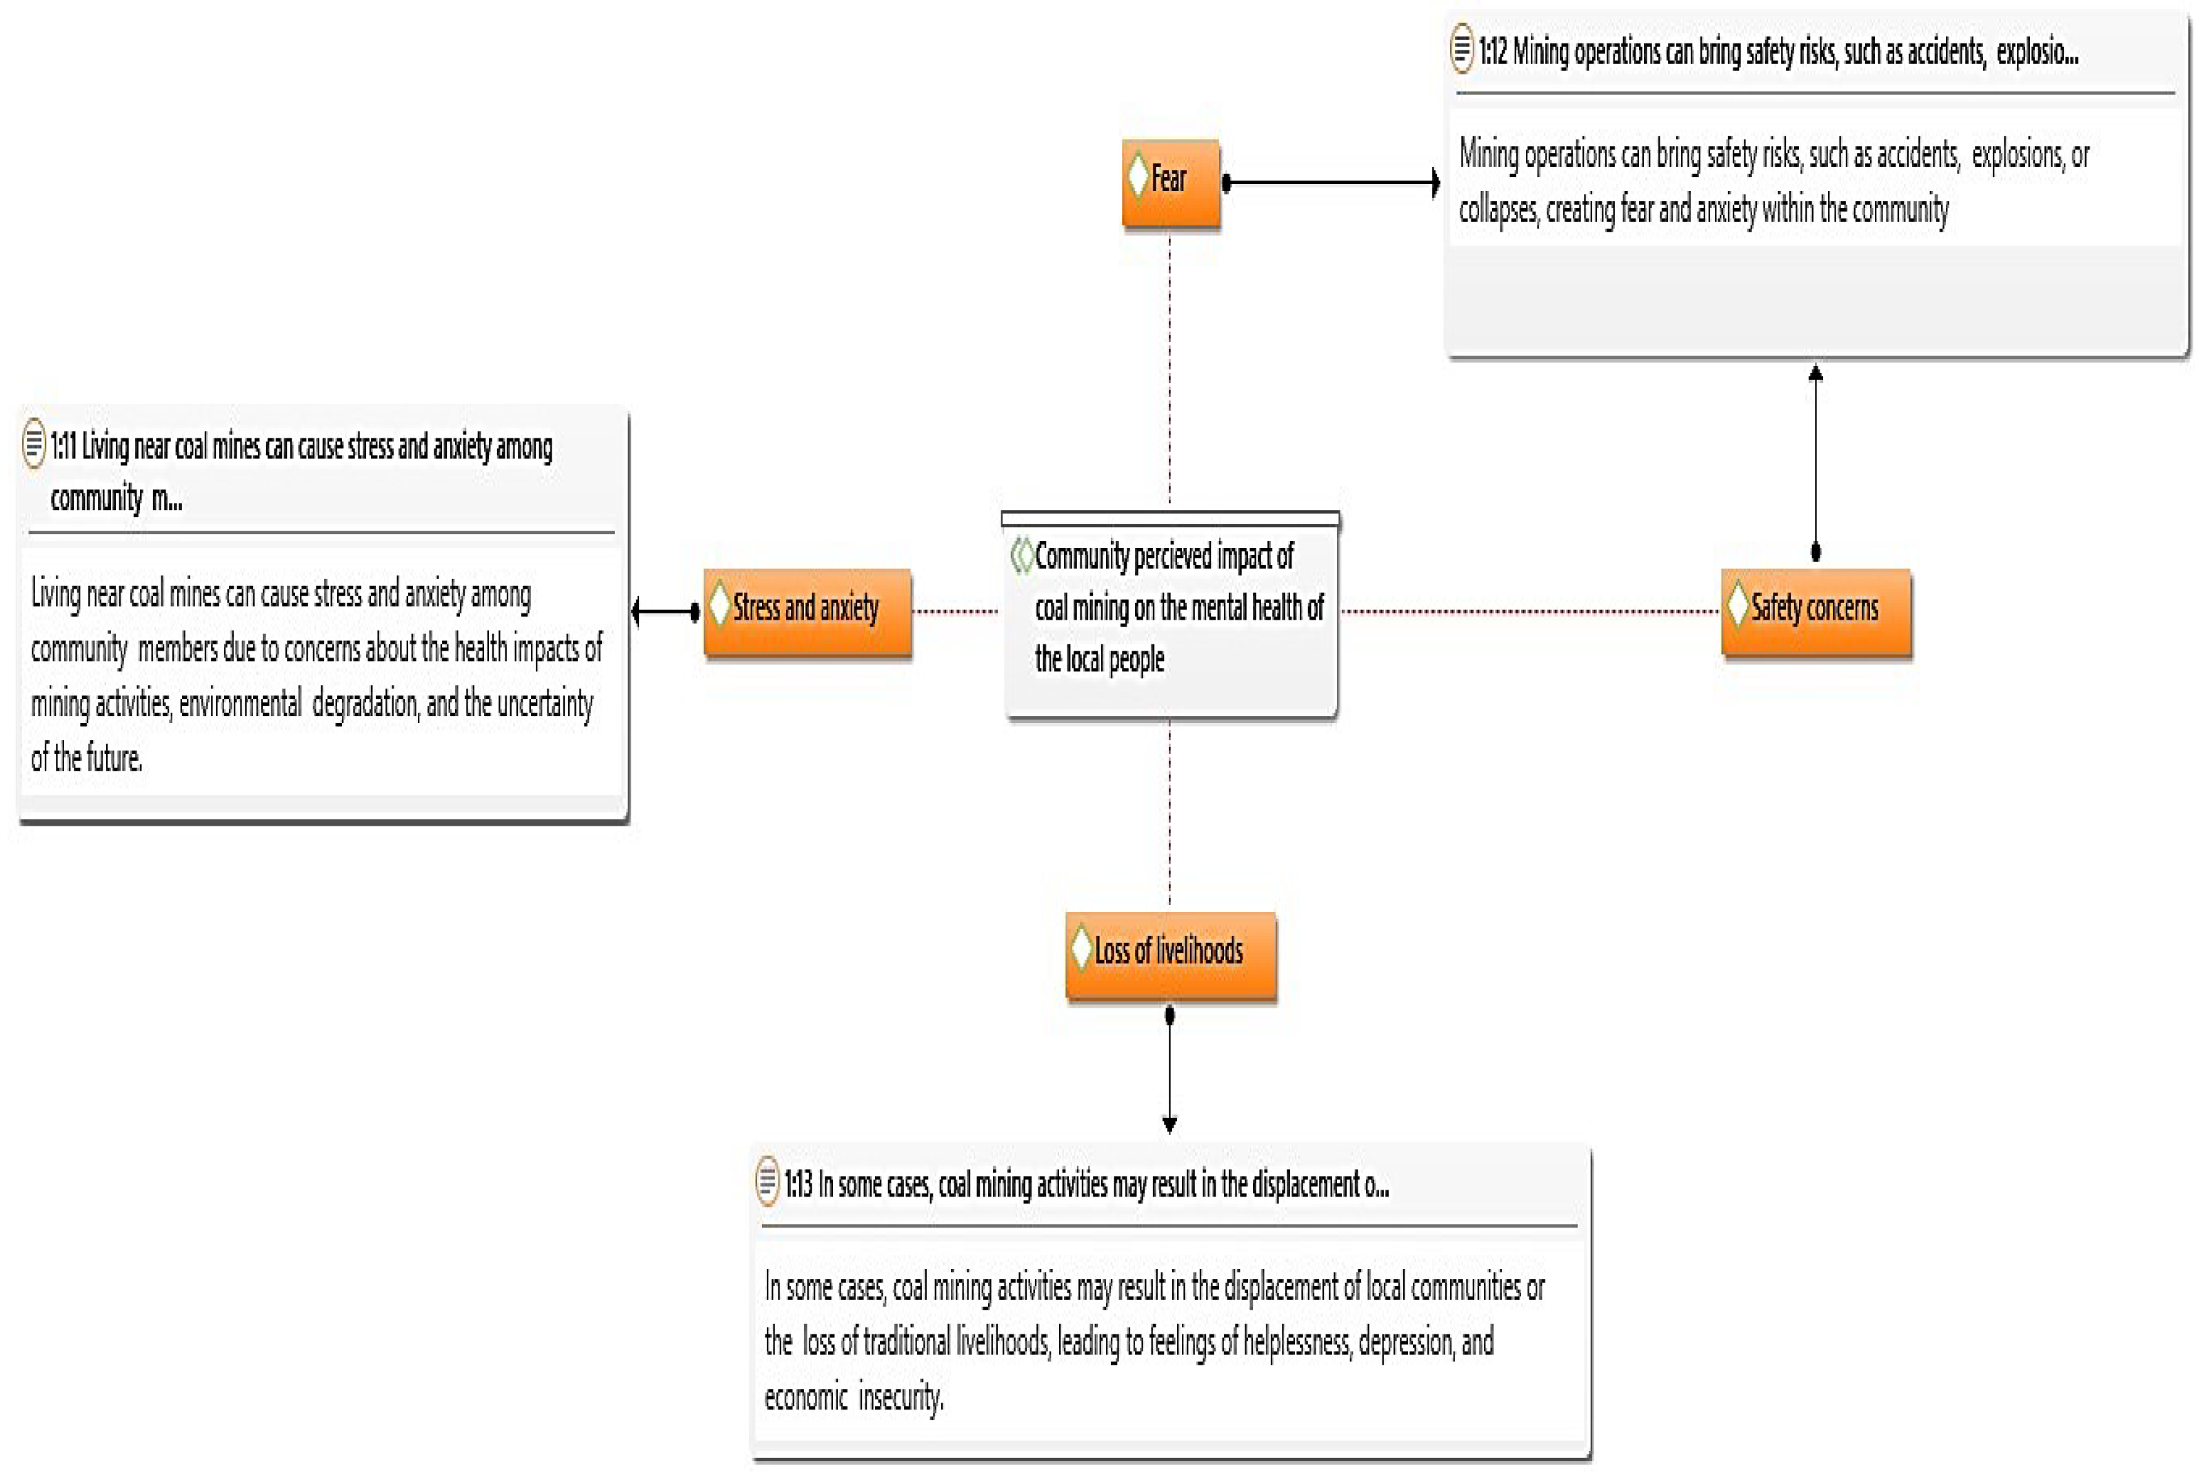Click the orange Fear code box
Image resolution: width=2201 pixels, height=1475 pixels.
pos(1172,183)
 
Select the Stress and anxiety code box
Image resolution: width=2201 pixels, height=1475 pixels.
pos(807,611)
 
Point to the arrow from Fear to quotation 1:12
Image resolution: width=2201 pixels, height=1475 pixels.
pos(1331,183)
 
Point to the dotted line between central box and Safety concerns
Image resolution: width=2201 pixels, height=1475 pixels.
pos(1529,611)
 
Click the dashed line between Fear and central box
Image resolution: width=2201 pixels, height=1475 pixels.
pos(1169,367)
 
